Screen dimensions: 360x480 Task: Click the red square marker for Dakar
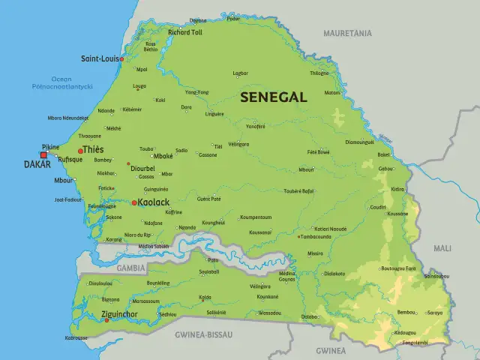pyautogui.click(x=43, y=155)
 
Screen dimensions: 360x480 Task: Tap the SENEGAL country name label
pyautogui.click(x=273, y=97)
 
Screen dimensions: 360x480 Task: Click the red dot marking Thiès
pyautogui.click(x=81, y=151)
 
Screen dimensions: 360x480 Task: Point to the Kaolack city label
pyautogui.click(x=154, y=202)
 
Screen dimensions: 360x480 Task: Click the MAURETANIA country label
pyautogui.click(x=347, y=34)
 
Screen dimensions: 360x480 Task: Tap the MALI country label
pyautogui.click(x=442, y=247)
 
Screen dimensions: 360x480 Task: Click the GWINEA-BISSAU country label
pyautogui.click(x=203, y=334)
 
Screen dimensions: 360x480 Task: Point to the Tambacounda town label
pyautogui.click(x=316, y=236)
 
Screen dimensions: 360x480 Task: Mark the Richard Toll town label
pyautogui.click(x=184, y=33)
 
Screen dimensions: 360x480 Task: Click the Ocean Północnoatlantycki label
pyautogui.click(x=72, y=82)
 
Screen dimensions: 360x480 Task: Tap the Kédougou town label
pyautogui.click(x=405, y=332)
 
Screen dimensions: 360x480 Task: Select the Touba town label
pyautogui.click(x=146, y=148)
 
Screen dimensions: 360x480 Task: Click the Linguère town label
pyautogui.click(x=214, y=114)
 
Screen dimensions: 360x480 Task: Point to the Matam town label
pyautogui.click(x=332, y=93)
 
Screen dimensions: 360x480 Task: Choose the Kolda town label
pyautogui.click(x=205, y=297)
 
